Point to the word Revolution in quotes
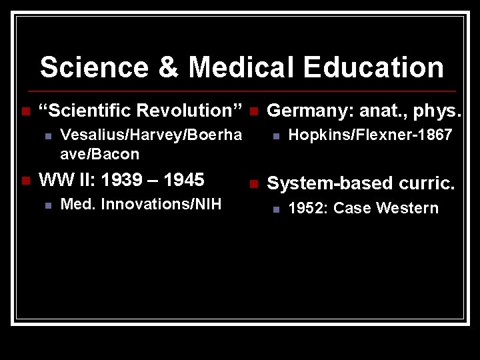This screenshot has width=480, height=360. [x=189, y=110]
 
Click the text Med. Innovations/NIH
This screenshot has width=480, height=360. [x=141, y=204]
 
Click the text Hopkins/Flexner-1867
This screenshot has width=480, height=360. [x=370, y=135]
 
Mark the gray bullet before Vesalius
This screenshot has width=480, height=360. [x=47, y=136]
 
